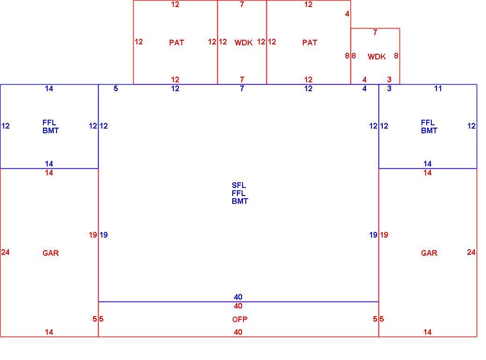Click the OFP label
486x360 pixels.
coord(240,319)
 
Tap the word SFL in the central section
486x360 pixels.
coord(239,186)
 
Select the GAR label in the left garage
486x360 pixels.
coord(50,253)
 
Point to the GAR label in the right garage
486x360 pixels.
coord(429,253)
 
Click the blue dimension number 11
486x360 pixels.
coord(438,89)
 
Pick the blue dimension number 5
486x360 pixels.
coord(115,89)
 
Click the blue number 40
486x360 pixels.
coord(238,297)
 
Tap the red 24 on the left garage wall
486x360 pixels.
coord(5,252)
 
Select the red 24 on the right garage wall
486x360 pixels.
coord(471,252)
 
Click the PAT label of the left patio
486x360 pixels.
coord(176,43)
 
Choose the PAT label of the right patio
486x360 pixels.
coord(310,43)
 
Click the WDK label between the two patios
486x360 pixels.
coord(243,43)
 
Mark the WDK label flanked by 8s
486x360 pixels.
coord(377,57)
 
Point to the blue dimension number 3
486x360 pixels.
coord(389,89)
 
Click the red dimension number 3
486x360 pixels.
coord(389,79)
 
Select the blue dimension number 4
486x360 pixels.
coord(364,89)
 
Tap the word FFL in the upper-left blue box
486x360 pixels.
coord(49,123)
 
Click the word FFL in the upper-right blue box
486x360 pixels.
coord(428,123)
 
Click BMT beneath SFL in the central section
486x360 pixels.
coord(240,202)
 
